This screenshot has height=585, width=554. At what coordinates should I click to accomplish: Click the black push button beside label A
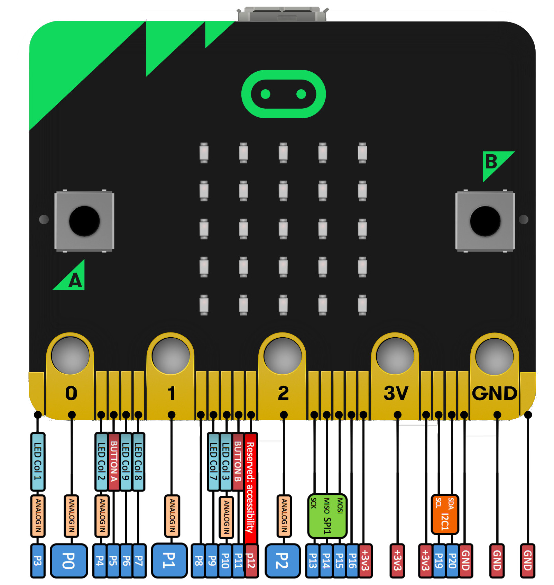(84, 221)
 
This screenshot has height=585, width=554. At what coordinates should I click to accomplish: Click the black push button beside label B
(485, 221)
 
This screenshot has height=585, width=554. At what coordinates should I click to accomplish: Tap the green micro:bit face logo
(283, 94)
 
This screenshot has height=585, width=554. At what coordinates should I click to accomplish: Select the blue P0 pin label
(69, 560)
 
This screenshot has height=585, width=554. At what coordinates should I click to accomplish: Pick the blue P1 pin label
(169, 560)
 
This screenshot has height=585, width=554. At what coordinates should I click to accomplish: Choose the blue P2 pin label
(283, 560)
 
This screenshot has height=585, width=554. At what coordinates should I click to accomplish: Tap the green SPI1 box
(327, 515)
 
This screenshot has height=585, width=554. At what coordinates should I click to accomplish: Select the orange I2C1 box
(445, 514)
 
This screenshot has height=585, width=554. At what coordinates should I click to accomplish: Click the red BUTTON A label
(114, 461)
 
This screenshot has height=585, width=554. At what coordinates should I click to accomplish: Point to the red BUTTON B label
(238, 461)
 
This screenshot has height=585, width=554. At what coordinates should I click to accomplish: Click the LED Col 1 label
(38, 461)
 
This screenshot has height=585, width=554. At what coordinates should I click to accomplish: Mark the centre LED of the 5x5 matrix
(283, 229)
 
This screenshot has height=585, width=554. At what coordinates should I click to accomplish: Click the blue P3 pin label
(38, 560)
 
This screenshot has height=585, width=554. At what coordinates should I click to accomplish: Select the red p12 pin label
(251, 560)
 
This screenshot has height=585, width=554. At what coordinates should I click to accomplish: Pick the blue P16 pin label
(352, 560)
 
